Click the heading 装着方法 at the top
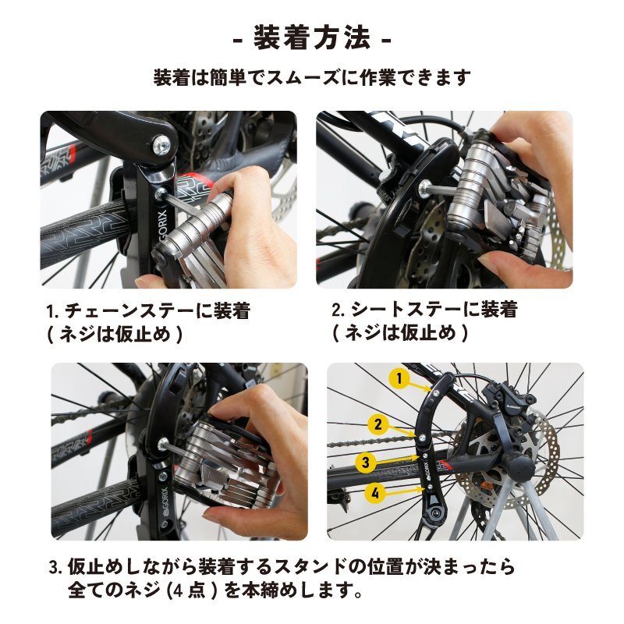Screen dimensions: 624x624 pos(312,37)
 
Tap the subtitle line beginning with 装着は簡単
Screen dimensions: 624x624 pos(312,79)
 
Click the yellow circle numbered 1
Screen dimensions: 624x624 pos(399,380)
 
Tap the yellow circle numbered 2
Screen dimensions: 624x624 pos(378,425)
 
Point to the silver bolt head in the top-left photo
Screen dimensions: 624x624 pos(162,144)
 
